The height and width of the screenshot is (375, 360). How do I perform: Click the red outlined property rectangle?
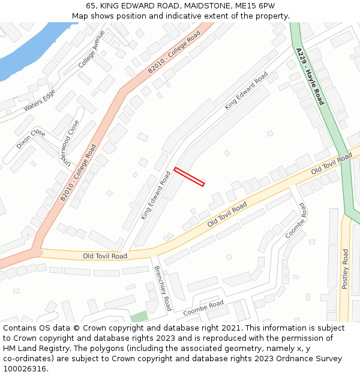coord(189,177)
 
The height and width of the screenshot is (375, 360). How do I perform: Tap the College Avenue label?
coord(91,49)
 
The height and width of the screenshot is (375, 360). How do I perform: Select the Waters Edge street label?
coord(40,100)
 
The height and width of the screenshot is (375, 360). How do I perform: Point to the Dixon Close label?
coord(31,139)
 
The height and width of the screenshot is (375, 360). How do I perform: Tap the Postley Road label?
coord(345,269)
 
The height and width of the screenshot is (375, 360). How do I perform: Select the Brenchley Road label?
coord(163,288)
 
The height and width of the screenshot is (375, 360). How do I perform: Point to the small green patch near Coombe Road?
coord(139,316)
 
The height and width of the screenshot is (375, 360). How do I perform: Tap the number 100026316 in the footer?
coord(24,369)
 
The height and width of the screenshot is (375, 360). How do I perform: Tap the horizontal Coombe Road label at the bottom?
coord(203,308)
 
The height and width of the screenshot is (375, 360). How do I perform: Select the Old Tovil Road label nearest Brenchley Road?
coord(105,256)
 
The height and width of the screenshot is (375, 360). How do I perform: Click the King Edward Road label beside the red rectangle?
coord(156,195)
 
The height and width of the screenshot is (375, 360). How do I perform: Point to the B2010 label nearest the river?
coord(174,52)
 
